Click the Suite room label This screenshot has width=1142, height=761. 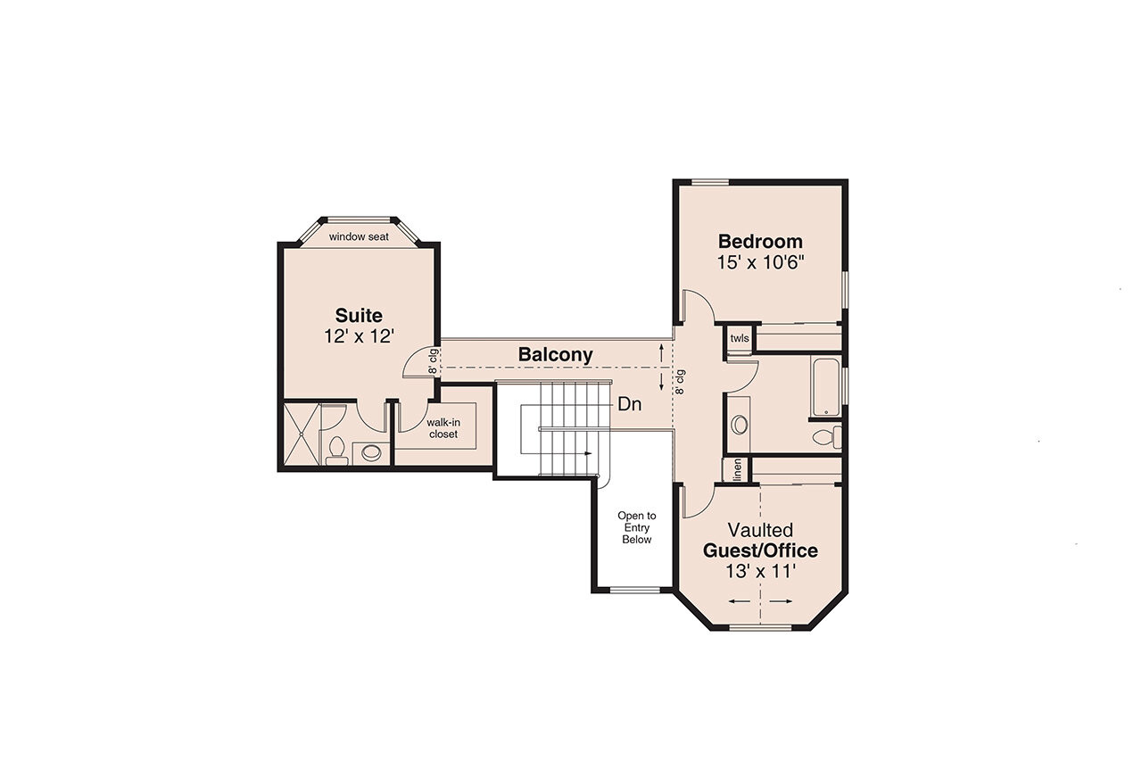pos(359,315)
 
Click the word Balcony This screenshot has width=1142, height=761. pos(555,355)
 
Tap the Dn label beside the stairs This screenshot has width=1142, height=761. pos(629,404)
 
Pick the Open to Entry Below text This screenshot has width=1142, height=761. pos(637,527)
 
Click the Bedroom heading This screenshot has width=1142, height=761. pos(760,241)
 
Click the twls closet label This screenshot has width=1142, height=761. pos(740,339)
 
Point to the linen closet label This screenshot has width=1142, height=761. pos(738,470)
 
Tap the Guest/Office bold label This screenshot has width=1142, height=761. pos(760,550)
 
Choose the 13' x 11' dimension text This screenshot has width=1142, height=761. pos(760,572)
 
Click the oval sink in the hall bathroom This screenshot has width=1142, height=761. pos(740,425)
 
